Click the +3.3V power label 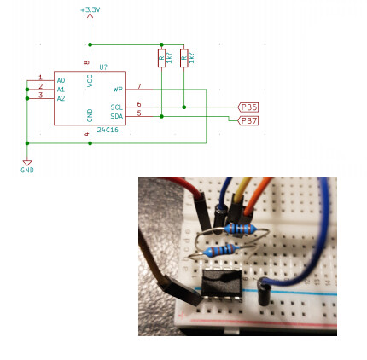90,9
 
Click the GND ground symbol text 27,170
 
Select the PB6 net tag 248,107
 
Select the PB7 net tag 248,120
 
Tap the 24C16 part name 108,130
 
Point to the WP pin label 118,89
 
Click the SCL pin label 116,107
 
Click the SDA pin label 116,115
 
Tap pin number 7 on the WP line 138,85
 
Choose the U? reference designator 103,67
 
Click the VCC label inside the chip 90,80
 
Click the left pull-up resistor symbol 161,58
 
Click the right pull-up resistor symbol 183,58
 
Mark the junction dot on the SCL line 183,107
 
